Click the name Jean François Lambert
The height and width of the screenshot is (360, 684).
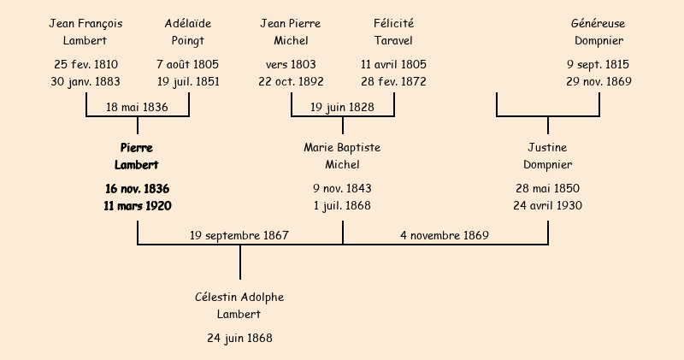pos(85,32)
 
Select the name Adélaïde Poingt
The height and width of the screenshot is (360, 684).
pos(188,32)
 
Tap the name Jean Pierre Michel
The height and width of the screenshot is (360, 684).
pos(291,32)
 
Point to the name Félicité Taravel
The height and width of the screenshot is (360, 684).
pos(393,32)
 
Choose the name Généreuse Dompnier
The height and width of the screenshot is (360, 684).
pos(598,32)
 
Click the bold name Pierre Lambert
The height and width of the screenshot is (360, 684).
pos(137,156)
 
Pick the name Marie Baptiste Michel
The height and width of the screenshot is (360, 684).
pos(342,156)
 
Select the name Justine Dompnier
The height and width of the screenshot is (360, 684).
pos(547,156)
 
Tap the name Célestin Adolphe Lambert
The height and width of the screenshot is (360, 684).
pos(239,305)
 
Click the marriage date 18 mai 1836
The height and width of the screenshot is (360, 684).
pos(137,108)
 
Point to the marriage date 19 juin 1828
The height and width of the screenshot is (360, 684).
pos(342,108)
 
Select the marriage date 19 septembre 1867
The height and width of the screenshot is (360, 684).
pos(239,235)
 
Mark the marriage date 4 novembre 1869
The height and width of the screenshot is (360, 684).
pos(445,235)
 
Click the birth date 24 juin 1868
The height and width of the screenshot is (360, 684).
pos(239,339)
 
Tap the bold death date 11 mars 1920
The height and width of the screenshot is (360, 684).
pos(137,206)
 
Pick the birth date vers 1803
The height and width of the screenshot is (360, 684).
pos(291,65)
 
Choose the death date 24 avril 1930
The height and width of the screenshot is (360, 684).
pos(547,206)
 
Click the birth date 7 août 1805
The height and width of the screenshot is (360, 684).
pos(188,65)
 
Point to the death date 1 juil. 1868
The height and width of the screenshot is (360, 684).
pos(342,206)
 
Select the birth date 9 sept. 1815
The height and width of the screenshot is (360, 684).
pos(598,65)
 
